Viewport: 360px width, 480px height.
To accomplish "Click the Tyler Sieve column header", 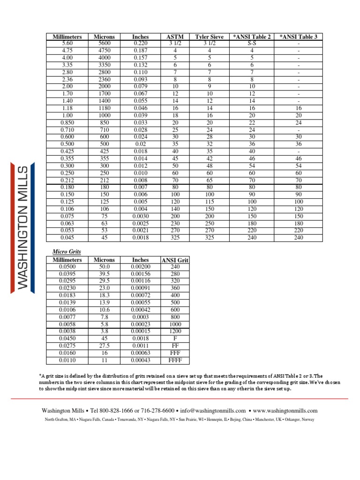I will point(209,37).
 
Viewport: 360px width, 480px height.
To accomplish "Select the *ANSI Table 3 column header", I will point(298,37).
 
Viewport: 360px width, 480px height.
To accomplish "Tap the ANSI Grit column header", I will point(174,260).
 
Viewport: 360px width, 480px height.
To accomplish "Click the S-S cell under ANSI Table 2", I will point(251,43).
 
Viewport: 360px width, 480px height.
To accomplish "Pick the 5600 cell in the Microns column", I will point(107,43).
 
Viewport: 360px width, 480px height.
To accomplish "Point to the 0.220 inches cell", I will point(140,43).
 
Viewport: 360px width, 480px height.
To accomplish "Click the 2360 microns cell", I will point(107,79).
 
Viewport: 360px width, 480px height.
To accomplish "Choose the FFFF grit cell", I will point(174,360).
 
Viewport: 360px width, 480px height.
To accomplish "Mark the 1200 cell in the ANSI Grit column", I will point(174,331).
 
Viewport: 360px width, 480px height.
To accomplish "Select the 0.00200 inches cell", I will point(140,267).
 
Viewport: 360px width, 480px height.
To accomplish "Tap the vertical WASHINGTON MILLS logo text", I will point(22,227).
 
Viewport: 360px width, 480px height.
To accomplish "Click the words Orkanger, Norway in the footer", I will point(298,420).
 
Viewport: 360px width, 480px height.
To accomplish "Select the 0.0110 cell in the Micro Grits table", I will point(67,360).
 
